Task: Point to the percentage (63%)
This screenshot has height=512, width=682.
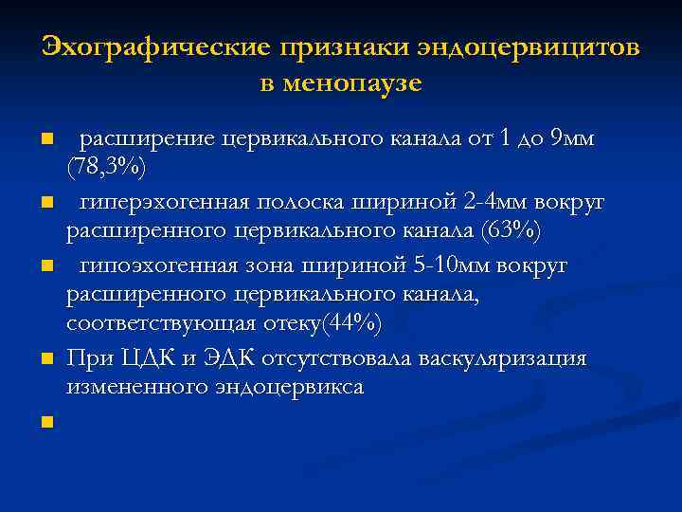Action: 511,230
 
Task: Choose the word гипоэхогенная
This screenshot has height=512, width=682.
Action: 157,265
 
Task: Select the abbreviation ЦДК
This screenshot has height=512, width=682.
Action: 142,358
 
